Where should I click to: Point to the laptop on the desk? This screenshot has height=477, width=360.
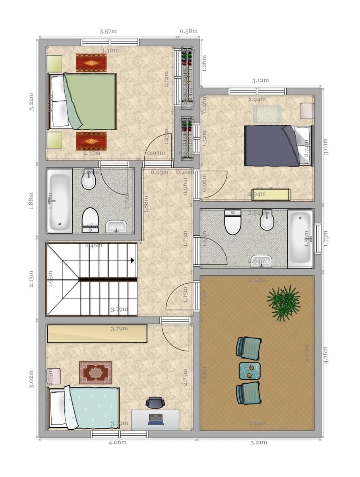[155, 419]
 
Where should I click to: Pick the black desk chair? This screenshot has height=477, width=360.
[155, 402]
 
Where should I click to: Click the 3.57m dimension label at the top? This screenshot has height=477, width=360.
[108, 32]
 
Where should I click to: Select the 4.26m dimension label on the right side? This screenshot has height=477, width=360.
[326, 356]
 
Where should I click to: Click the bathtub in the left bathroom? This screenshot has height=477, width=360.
[60, 201]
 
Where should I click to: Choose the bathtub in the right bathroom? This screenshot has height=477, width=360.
[300, 238]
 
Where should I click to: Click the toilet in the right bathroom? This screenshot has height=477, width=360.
[232, 223]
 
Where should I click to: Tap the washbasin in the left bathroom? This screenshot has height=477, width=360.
[116, 227]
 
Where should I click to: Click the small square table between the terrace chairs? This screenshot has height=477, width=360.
[250, 370]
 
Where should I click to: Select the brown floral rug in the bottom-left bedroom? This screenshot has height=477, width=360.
[95, 372]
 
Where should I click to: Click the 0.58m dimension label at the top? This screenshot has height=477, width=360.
[188, 31]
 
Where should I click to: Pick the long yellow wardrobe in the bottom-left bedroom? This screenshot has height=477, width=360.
[97, 333]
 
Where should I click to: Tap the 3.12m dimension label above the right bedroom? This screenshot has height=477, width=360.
[260, 80]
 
